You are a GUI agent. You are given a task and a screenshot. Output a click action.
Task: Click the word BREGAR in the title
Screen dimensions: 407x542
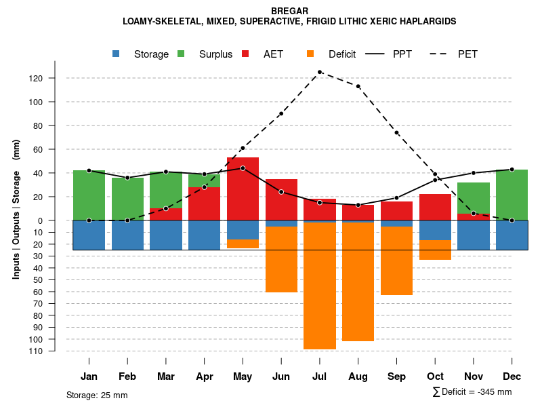click(x=289, y=11)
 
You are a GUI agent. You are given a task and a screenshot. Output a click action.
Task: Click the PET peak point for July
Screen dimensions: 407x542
click(x=319, y=72)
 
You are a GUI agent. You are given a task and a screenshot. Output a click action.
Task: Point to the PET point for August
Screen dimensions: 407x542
click(x=358, y=86)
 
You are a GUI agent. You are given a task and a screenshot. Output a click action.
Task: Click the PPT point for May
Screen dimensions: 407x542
click(x=243, y=168)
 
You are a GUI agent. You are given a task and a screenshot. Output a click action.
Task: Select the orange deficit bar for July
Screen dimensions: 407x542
click(x=319, y=285)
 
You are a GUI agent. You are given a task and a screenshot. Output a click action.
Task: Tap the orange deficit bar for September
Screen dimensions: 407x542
click(x=396, y=260)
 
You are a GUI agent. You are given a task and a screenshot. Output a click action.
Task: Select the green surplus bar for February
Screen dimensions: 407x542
click(x=127, y=199)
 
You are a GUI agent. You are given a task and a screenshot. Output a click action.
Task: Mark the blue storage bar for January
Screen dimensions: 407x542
click(x=89, y=235)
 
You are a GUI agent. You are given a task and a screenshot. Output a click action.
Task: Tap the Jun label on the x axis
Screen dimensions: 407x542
click(x=281, y=376)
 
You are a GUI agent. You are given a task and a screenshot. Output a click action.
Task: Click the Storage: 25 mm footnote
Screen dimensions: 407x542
click(x=97, y=395)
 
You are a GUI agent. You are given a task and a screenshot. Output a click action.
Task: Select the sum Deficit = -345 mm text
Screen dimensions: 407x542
click(x=472, y=392)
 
